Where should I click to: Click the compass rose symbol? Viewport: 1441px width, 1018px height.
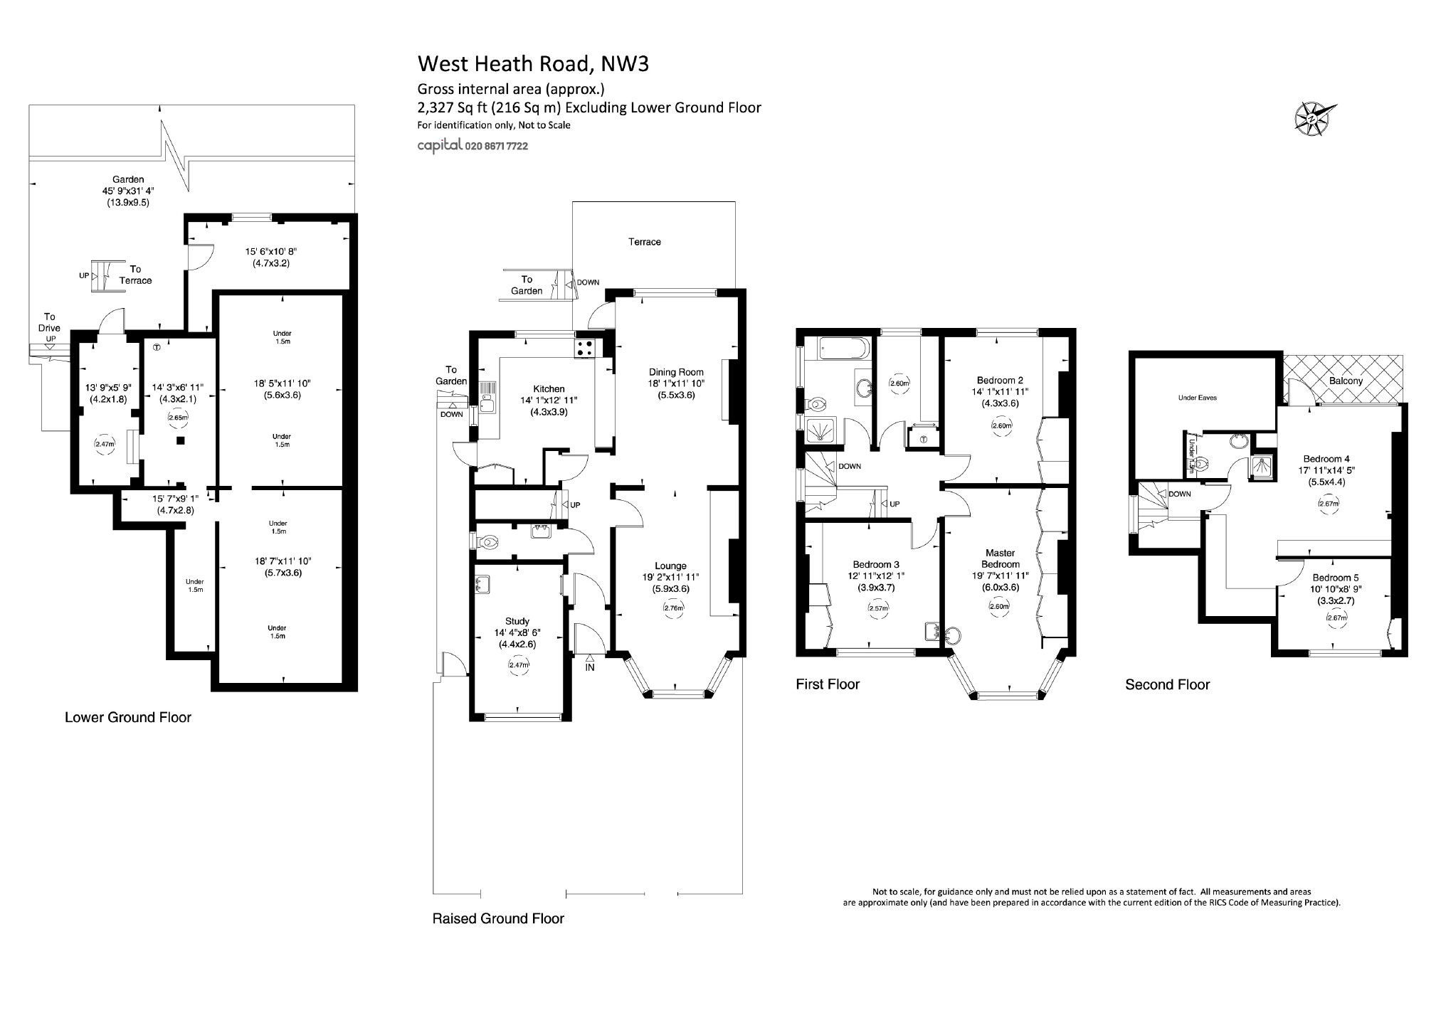pos(1314,117)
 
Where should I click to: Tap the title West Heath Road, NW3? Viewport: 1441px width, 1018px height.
pos(532,64)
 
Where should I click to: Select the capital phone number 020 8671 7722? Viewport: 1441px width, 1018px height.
pos(496,146)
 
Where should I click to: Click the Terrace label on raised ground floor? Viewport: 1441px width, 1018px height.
pos(644,242)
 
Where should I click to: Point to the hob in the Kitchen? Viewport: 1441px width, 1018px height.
pos(585,348)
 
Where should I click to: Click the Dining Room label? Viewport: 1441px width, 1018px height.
pos(675,372)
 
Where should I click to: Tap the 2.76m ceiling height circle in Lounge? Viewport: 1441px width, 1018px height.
pos(673,608)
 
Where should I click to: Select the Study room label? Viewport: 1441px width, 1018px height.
pos(517,621)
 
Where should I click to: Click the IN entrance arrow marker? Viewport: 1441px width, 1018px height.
pos(589,664)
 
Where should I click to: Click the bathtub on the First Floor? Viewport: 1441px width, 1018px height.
pos(843,349)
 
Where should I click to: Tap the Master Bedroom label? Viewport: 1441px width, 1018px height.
pos(1000,558)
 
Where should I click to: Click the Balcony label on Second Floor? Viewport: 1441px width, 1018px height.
pos(1346,381)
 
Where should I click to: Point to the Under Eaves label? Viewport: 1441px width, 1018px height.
pos(1198,398)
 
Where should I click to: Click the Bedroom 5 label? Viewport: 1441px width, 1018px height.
pos(1331,578)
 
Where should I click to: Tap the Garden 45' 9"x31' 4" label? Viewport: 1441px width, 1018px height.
pos(128,191)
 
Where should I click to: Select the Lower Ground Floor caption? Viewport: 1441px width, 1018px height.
pos(128,717)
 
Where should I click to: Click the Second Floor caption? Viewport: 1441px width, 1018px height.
pos(1167,684)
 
